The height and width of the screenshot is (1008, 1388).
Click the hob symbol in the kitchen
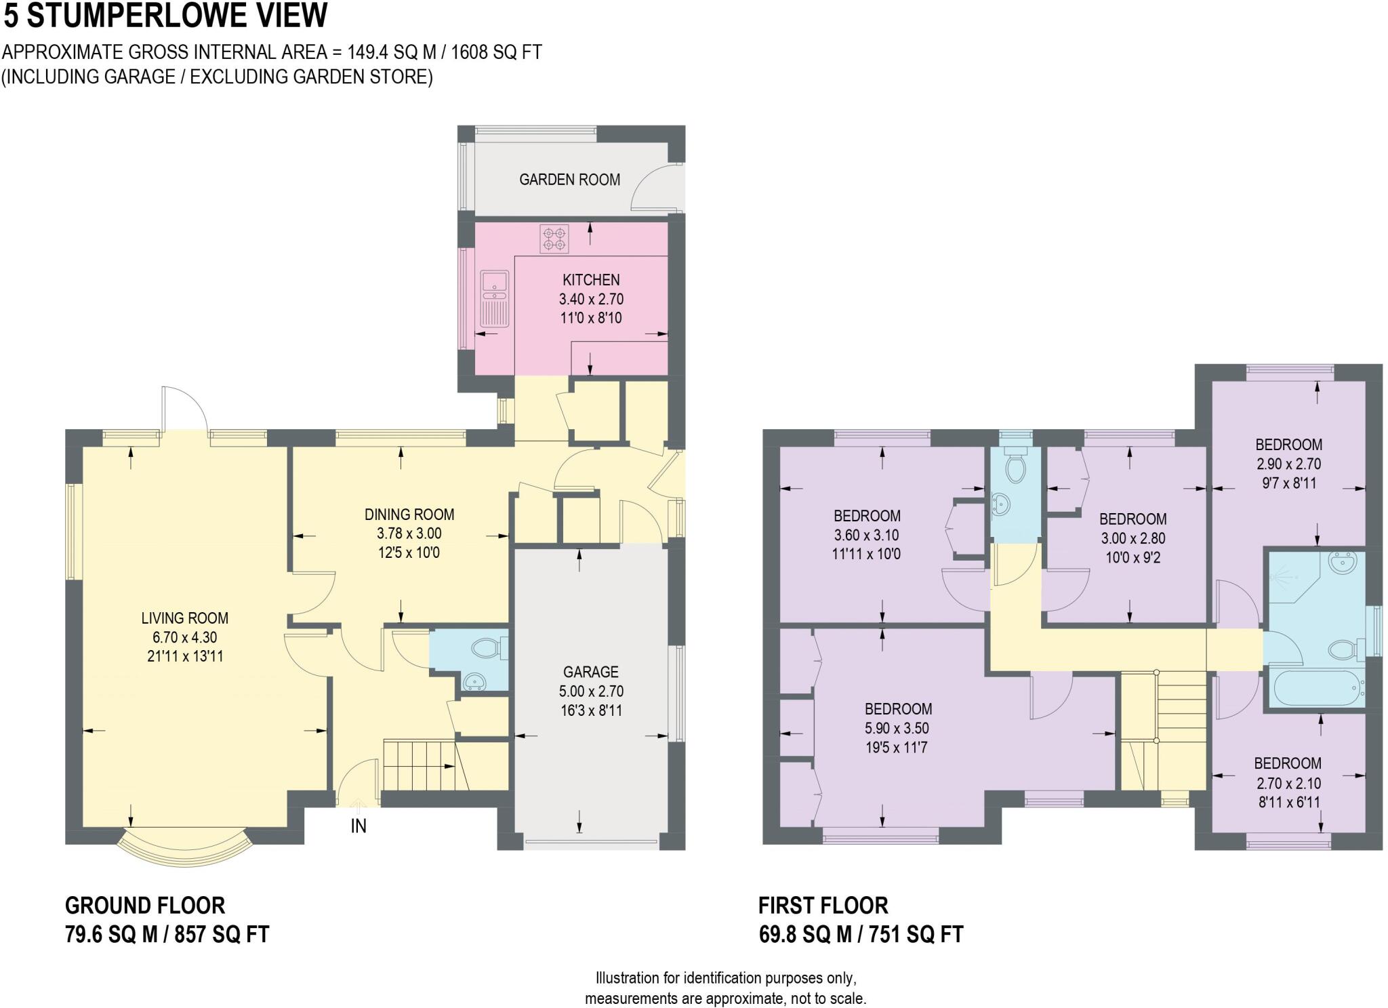click(x=554, y=239)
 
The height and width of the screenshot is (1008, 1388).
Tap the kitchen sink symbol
click(x=494, y=298)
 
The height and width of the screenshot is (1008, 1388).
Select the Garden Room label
click(x=569, y=180)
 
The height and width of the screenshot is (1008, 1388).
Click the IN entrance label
click(x=359, y=826)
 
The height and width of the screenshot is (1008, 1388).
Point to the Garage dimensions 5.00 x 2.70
click(x=590, y=691)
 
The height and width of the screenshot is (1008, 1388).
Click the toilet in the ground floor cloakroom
click(x=486, y=648)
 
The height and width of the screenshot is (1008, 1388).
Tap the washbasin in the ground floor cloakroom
click(x=474, y=681)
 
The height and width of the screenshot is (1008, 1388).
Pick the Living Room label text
click(x=184, y=618)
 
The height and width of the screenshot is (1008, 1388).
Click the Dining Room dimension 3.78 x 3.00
click(x=409, y=533)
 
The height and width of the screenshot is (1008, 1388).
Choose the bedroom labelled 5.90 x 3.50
click(x=898, y=728)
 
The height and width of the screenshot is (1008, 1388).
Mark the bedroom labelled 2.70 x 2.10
click(x=1287, y=783)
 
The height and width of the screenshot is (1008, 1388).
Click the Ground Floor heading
click(x=144, y=906)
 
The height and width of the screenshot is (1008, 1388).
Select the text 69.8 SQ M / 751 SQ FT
click(x=861, y=935)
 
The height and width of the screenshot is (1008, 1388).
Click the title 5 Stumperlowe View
click(x=165, y=16)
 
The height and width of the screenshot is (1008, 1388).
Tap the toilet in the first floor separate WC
click(x=1015, y=468)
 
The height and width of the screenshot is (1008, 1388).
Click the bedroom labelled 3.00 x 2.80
click(x=1132, y=538)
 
